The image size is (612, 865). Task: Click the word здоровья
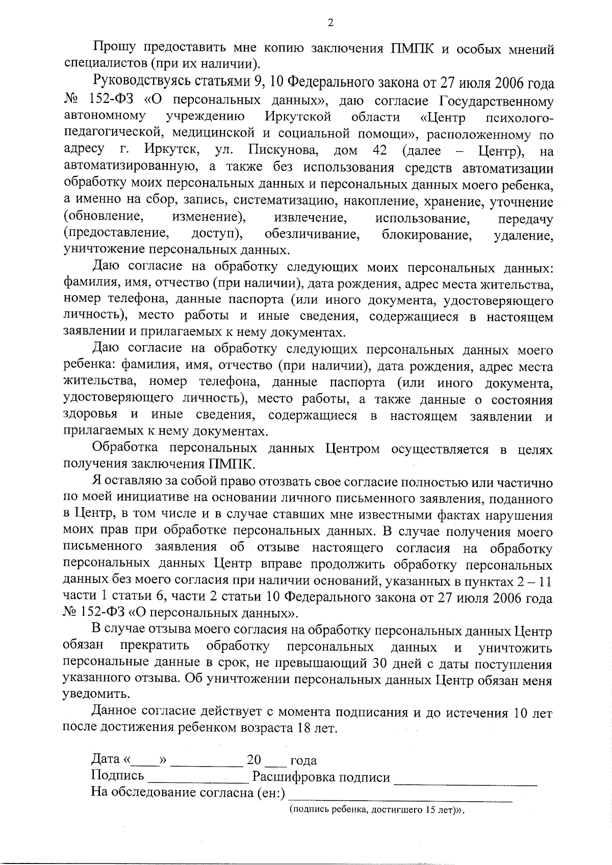(x=90, y=415)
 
